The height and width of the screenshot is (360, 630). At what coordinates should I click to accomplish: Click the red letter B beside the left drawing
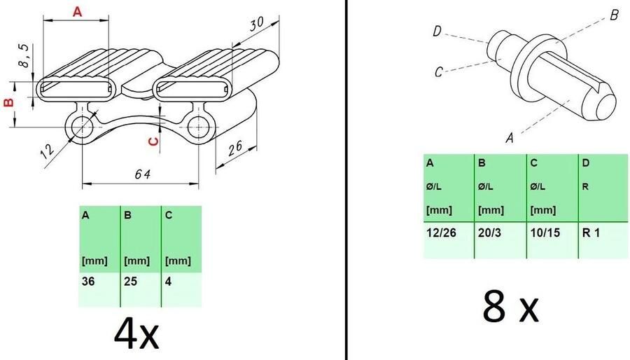(x=9, y=102)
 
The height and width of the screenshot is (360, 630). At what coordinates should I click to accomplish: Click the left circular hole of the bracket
(x=83, y=127)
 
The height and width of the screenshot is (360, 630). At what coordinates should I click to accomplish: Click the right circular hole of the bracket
(x=197, y=127)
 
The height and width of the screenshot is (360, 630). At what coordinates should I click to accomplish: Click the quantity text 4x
(x=136, y=335)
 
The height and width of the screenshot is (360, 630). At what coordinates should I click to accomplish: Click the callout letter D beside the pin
(x=436, y=31)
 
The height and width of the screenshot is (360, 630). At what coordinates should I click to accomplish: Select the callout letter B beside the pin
(x=613, y=15)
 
